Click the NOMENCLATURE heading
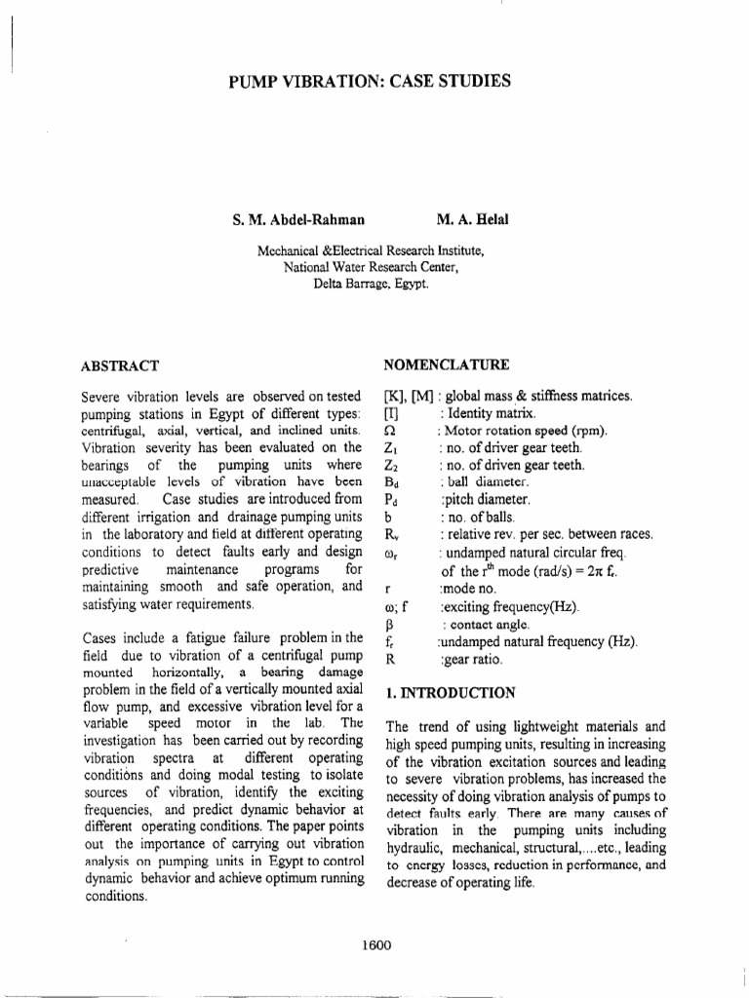tap(446, 365)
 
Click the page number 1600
tap(375, 944)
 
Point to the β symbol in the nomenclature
tap(389, 625)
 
